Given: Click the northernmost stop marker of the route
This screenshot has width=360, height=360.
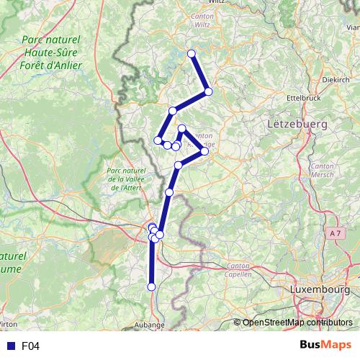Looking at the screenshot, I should [x=192, y=53].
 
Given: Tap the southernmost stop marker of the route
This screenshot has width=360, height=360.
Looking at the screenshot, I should [x=151, y=287].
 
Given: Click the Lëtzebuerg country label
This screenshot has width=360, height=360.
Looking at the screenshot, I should [x=297, y=124].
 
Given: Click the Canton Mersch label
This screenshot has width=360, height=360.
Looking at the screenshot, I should [x=321, y=170].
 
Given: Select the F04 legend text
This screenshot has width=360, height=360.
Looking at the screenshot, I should [x=30, y=346].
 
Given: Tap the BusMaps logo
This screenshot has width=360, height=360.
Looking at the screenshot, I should [x=326, y=345].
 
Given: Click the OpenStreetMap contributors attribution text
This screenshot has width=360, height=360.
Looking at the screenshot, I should [x=297, y=323].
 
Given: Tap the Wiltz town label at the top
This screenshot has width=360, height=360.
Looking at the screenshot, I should [x=216, y=3].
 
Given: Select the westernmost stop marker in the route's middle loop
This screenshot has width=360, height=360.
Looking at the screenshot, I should [x=158, y=140].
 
